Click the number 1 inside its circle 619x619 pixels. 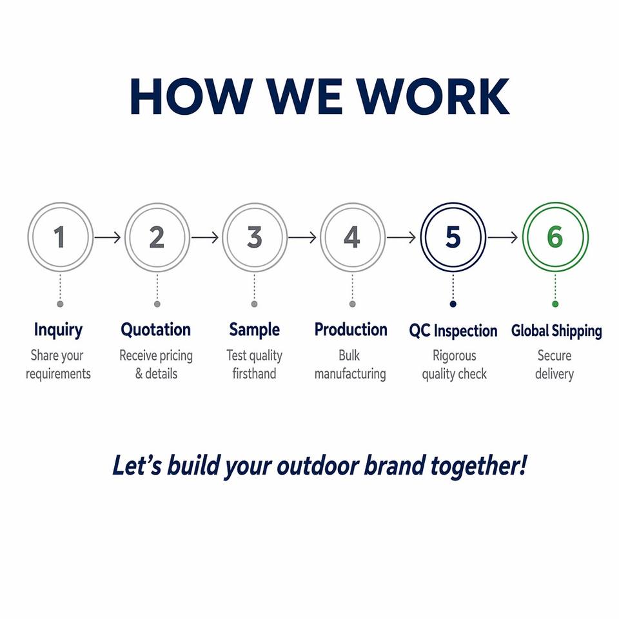[59, 237]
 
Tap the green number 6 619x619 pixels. [555, 237]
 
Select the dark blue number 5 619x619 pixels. [453, 237]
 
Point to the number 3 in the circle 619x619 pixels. [255, 237]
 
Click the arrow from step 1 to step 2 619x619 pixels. [108, 237]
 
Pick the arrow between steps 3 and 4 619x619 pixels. [302, 237]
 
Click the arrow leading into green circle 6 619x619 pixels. [502, 237]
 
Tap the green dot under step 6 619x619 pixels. [555, 304]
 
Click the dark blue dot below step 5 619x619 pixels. [453, 304]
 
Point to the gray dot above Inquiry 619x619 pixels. [60, 304]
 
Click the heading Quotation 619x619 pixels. [156, 329]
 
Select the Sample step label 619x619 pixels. [254, 330]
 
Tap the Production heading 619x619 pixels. [351, 329]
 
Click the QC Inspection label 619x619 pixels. [453, 331]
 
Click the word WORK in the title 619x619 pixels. [433, 97]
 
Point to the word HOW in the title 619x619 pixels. [192, 97]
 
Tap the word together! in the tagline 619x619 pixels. [478, 466]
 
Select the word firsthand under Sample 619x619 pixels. [254, 373]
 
